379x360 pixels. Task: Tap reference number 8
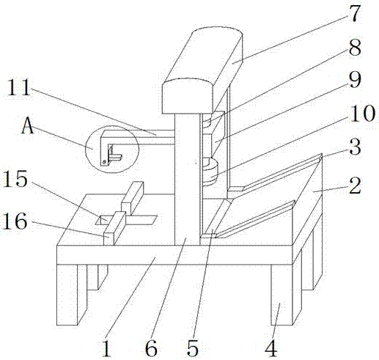click(355, 48)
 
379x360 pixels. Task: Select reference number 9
click(355, 80)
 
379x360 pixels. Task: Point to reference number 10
click(362, 113)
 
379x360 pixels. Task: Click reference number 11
click(19, 87)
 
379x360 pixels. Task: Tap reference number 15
click(15, 178)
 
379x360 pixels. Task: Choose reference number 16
click(14, 221)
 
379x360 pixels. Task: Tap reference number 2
click(355, 185)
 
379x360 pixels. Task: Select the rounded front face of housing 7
click(188, 97)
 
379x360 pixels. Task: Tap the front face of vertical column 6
click(188, 180)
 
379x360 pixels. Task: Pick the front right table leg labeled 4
click(282, 295)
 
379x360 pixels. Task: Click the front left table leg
click(67, 295)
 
